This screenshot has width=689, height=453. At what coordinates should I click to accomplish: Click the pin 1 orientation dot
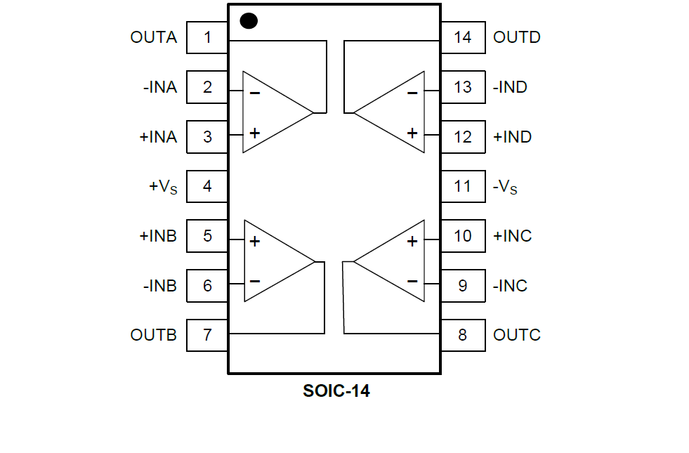(x=249, y=21)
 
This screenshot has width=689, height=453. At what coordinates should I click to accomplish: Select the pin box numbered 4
(x=207, y=187)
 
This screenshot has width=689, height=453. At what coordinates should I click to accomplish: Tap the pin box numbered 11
(x=462, y=187)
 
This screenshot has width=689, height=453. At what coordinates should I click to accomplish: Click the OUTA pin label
(x=154, y=37)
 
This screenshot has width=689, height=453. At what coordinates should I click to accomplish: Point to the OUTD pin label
(x=517, y=37)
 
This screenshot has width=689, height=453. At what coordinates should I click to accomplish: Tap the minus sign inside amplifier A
(x=254, y=93)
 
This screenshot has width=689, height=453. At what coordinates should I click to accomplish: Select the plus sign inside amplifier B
(x=254, y=242)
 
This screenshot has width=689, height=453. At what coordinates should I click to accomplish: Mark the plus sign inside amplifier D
(x=412, y=133)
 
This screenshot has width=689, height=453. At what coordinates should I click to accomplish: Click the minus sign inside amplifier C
(x=412, y=281)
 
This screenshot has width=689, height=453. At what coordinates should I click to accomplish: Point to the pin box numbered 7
(x=207, y=335)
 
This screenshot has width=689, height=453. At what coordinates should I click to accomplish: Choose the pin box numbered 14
(x=462, y=37)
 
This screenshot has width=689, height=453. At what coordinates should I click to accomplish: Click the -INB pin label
(x=159, y=286)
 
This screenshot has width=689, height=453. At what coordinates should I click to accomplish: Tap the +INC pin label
(x=513, y=236)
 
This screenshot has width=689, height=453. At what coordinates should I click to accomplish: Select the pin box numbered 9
(x=462, y=286)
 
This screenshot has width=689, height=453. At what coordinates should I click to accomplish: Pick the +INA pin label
(x=158, y=137)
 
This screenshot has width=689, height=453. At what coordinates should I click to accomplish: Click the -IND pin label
(x=510, y=87)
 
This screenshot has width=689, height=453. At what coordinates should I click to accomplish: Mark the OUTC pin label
(x=517, y=335)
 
